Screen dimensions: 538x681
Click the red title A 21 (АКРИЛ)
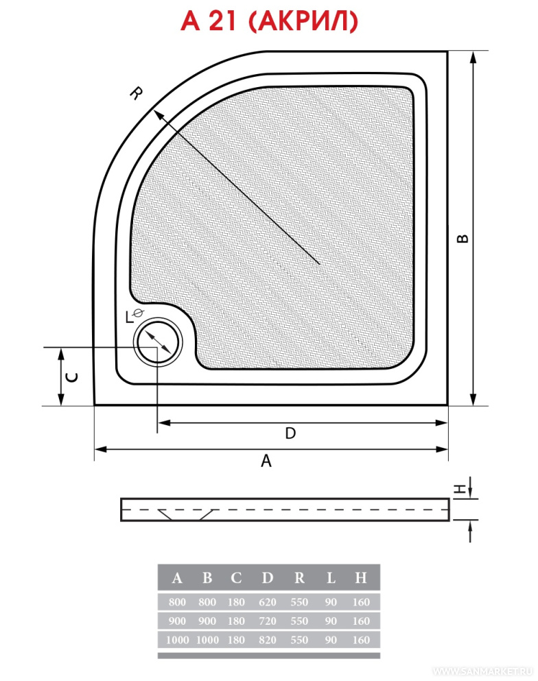point(269,21)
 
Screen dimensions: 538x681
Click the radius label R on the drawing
point(137,93)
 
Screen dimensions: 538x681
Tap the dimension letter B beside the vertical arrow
point(463,239)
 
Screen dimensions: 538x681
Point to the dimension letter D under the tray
point(290,433)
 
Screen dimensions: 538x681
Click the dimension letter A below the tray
point(266,460)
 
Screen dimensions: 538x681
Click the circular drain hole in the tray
point(157,342)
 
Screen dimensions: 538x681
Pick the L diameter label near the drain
point(134,315)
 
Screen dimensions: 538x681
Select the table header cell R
point(299,577)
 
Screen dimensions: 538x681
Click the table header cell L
point(331,577)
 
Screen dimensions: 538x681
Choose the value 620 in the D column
point(267,602)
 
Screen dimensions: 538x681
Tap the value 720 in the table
point(267,621)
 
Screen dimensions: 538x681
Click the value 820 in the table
point(267,640)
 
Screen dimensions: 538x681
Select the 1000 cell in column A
point(177,640)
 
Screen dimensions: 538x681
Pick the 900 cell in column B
point(207,621)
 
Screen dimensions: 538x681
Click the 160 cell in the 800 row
point(361,602)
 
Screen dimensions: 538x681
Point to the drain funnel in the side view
point(186,514)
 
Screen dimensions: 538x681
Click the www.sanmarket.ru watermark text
point(483,671)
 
